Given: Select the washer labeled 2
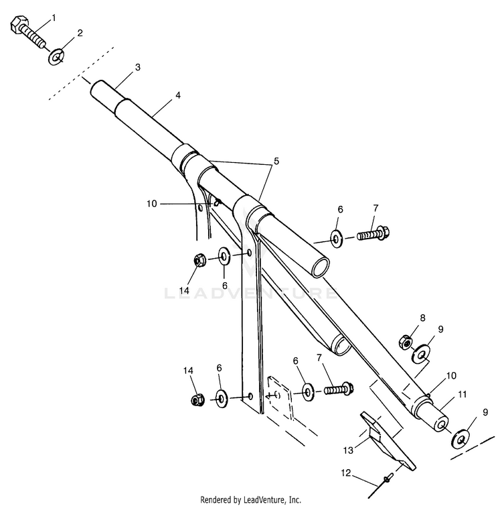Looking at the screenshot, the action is [x=58, y=57].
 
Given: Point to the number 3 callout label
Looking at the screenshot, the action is [x=137, y=68].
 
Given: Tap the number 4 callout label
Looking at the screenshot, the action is [x=177, y=95].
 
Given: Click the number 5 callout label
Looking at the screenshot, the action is [x=276, y=162].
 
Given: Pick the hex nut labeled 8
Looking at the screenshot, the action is [x=406, y=341].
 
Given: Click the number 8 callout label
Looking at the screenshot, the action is [x=422, y=317].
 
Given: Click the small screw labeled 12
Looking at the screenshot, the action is [x=388, y=479].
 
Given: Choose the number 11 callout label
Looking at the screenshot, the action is [x=462, y=394].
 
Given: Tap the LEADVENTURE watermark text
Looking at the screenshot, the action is [x=251, y=293].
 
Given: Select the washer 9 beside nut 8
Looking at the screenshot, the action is [x=422, y=353].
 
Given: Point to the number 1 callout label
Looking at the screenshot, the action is [x=54, y=17].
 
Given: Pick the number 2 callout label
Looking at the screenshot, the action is [x=80, y=32].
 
